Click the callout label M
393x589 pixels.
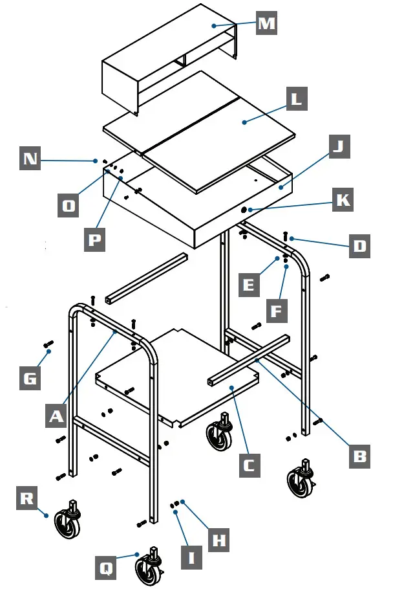pos(266,24)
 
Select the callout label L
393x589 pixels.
pos(295,100)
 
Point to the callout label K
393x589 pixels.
pos(343,200)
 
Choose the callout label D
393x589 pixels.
pos(359,245)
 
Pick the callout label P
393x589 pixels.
pos(95,239)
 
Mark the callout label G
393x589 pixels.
pos(30,379)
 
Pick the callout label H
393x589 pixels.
pos(220,540)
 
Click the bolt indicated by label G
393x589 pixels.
pos(48,344)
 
